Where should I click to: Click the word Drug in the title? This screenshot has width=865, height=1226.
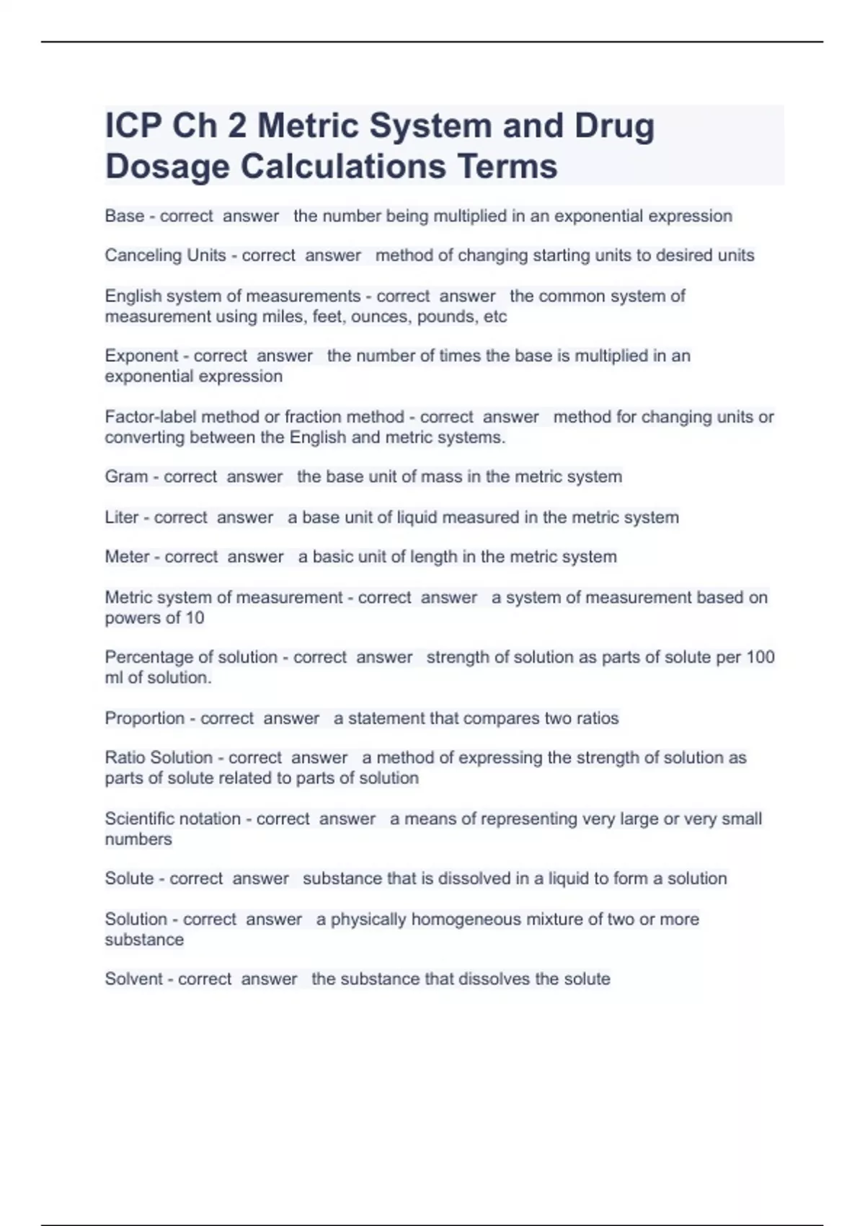(614, 126)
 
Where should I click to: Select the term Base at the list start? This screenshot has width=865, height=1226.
(124, 216)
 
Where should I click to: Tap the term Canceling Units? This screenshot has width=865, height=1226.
(165, 255)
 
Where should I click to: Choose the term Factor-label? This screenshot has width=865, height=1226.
(151, 417)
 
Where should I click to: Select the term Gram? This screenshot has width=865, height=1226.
(126, 477)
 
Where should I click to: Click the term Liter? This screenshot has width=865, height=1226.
(121, 517)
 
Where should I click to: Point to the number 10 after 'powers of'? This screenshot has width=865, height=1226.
(195, 618)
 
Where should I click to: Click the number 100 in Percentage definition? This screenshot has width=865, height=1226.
(760, 657)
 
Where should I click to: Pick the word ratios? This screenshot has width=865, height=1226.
(598, 718)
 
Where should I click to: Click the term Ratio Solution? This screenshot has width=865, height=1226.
(159, 758)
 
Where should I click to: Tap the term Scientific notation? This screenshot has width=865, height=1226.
(172, 819)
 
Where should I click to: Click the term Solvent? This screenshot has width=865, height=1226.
(133, 979)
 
